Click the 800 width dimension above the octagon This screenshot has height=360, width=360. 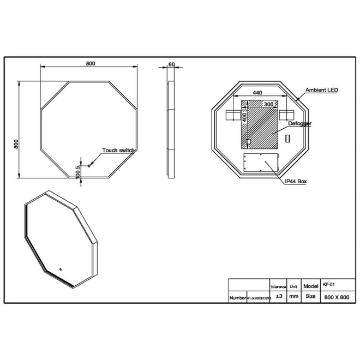(90, 64)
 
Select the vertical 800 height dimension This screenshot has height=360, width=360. (17, 143)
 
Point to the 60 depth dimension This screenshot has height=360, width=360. (171, 64)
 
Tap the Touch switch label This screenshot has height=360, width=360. (118, 151)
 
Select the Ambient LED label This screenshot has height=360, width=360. (322, 90)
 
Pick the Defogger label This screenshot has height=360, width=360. (299, 124)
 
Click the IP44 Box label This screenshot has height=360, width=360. (296, 180)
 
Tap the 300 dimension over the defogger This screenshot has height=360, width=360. (268, 104)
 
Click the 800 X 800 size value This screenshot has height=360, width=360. (336, 297)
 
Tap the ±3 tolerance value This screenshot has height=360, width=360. (278, 296)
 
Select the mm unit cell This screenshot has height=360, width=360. (294, 296)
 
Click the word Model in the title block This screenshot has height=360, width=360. (310, 285)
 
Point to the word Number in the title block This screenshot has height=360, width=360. (238, 297)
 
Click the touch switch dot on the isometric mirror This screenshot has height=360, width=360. (60, 268)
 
